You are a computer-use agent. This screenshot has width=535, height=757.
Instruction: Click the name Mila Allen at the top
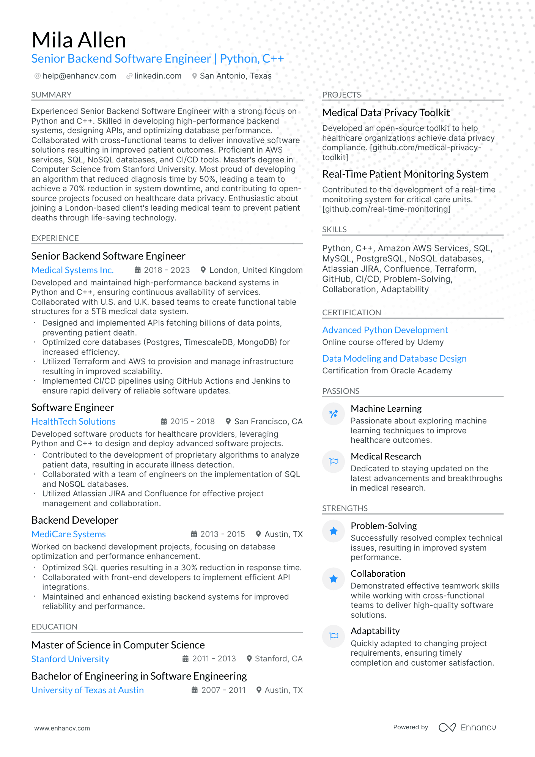click(x=79, y=40)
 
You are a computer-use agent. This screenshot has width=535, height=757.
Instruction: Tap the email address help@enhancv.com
click(x=79, y=76)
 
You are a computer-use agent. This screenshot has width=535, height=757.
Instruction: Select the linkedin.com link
click(x=158, y=76)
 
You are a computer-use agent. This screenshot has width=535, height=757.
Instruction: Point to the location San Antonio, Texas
click(x=236, y=76)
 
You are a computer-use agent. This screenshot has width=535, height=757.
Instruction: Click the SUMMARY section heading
click(x=52, y=95)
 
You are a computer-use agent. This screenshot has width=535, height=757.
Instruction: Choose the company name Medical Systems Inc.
click(x=72, y=270)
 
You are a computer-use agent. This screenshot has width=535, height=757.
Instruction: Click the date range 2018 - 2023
click(x=167, y=270)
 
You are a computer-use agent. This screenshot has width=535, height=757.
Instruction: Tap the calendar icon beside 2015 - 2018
click(x=164, y=422)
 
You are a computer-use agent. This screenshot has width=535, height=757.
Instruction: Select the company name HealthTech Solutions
click(x=74, y=422)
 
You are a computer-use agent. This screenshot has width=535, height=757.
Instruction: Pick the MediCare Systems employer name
click(x=69, y=534)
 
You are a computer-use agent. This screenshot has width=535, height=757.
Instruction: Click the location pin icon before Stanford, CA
click(x=249, y=659)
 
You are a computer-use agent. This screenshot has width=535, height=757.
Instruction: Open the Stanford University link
click(x=70, y=659)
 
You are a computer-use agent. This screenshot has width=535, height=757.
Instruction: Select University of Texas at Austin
click(x=88, y=690)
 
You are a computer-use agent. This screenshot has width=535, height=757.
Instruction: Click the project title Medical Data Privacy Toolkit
click(x=386, y=113)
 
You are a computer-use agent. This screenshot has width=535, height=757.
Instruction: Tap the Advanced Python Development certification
click(x=385, y=330)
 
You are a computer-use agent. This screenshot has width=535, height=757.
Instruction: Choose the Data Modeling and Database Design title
click(x=394, y=359)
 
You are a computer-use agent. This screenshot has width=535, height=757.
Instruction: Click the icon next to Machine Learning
click(x=334, y=414)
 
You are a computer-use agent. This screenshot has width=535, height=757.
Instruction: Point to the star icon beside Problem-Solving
click(x=334, y=531)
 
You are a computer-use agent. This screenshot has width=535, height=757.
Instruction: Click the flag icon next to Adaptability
click(x=334, y=636)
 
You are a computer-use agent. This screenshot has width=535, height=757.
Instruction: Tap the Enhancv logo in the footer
click(x=467, y=727)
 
